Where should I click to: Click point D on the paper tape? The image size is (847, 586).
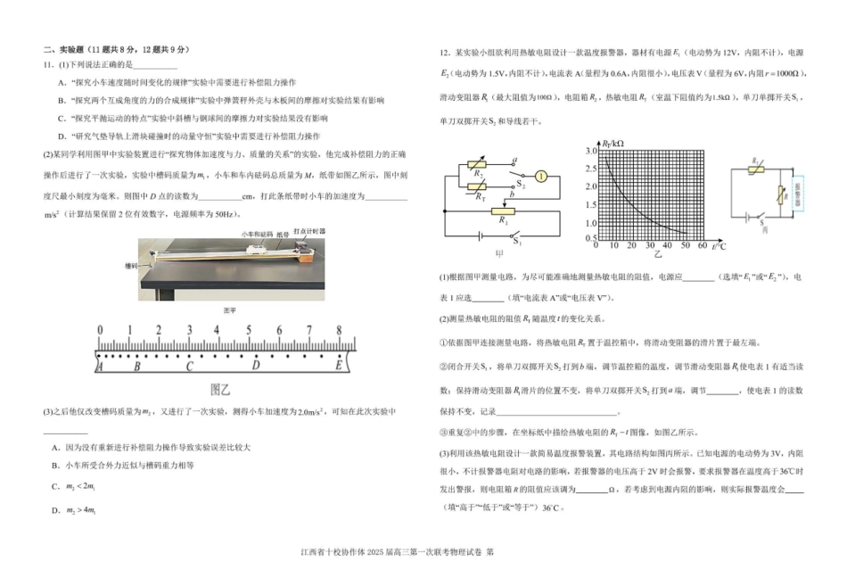click(x=256, y=364)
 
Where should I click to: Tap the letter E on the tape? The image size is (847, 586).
click(x=339, y=364)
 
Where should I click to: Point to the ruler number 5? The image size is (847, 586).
click(x=249, y=330)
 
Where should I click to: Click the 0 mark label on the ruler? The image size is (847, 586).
click(x=100, y=330)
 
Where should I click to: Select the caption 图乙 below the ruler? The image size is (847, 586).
click(x=220, y=389)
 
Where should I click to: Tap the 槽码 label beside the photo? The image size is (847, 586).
click(x=132, y=265)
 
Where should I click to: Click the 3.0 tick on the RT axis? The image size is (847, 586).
click(x=589, y=152)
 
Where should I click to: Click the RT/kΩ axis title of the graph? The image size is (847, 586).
click(x=613, y=143)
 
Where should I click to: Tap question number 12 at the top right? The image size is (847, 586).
click(x=443, y=53)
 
